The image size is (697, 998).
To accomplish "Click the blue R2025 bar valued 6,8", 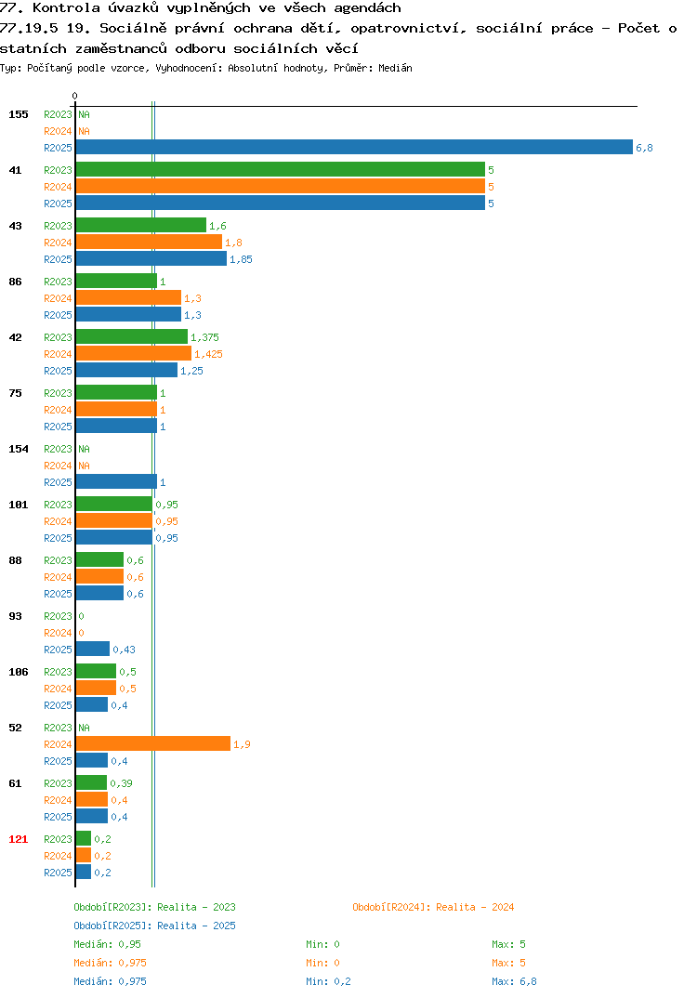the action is coord(355,147).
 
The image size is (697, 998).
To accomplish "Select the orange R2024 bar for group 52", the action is coord(153,743).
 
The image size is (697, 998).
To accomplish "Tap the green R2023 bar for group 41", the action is coord(281,169).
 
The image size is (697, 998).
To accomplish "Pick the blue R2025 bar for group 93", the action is coord(93,649).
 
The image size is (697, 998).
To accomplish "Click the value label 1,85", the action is coord(242,259).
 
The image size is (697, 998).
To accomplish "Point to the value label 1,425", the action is coord(209,354).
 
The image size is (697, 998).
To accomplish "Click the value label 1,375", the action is coord(205,337).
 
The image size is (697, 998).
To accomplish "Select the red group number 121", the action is coord(19,839).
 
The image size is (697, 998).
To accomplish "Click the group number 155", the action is coord(19,114).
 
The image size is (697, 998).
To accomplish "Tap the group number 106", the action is coord(19,672).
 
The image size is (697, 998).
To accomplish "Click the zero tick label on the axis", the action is coord(74,96).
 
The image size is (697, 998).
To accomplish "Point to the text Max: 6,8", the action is coord(514,981).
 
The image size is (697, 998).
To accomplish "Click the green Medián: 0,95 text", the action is coord(108,944).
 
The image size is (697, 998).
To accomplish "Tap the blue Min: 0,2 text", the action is coord(328,981).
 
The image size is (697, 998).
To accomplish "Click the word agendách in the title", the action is coord(367,8).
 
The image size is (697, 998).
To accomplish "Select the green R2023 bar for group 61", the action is coord(92,782).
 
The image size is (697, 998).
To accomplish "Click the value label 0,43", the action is coord(125,650).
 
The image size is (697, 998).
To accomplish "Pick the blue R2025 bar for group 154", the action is coord(116,481).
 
